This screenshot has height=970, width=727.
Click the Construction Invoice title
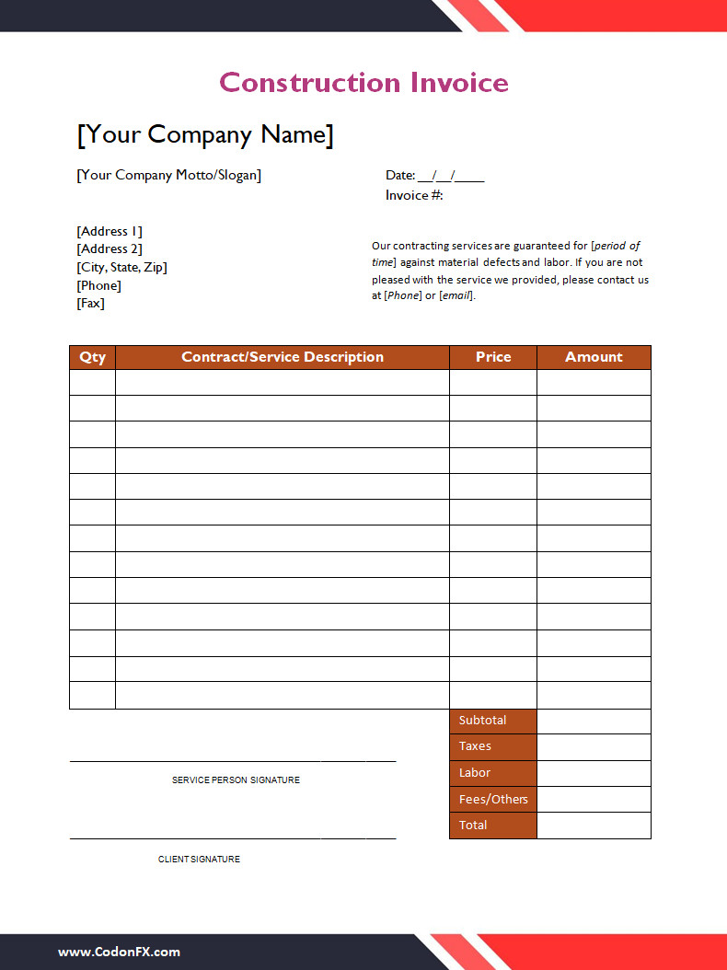(363, 83)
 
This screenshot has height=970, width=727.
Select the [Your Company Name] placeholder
(204, 134)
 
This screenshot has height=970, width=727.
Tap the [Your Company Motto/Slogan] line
(168, 175)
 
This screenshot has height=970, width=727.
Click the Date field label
(400, 175)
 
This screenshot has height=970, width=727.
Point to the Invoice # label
(414, 195)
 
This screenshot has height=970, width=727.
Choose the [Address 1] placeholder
(110, 231)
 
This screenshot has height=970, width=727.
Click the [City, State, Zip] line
(121, 267)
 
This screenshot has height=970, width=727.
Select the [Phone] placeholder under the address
(98, 285)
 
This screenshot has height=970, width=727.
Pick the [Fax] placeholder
(90, 303)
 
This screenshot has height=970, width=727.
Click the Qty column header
(92, 357)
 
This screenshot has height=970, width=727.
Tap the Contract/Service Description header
(283, 357)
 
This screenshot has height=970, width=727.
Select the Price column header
(493, 357)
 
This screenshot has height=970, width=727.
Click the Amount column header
(594, 357)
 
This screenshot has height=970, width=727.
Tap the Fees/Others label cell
(493, 799)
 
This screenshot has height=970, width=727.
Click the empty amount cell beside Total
(594, 826)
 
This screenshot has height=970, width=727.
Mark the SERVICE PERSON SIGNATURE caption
(236, 780)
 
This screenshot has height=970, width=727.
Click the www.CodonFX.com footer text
(119, 953)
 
